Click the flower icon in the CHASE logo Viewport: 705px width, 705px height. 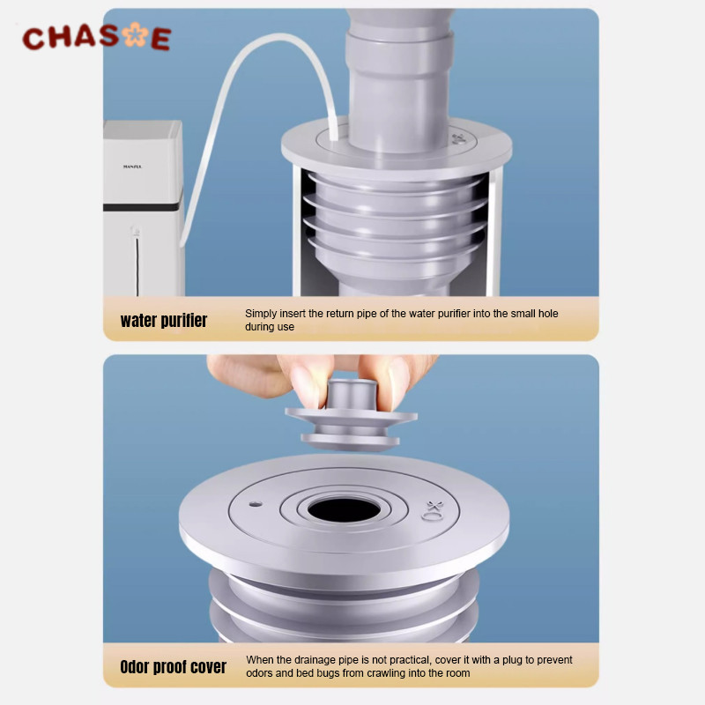click(x=136, y=34)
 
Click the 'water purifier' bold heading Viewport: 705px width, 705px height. click(x=164, y=321)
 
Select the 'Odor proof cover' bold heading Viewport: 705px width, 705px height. click(x=173, y=667)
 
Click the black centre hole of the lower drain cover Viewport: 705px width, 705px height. click(x=344, y=510)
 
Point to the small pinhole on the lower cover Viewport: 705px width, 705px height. click(x=256, y=504)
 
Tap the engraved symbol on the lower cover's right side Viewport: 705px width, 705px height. click(x=433, y=511)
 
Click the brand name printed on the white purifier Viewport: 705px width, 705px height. click(x=132, y=167)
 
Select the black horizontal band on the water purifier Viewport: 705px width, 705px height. click(x=143, y=207)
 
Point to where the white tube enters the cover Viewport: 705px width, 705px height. click(x=334, y=137)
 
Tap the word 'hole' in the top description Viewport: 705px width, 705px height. click(x=548, y=314)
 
